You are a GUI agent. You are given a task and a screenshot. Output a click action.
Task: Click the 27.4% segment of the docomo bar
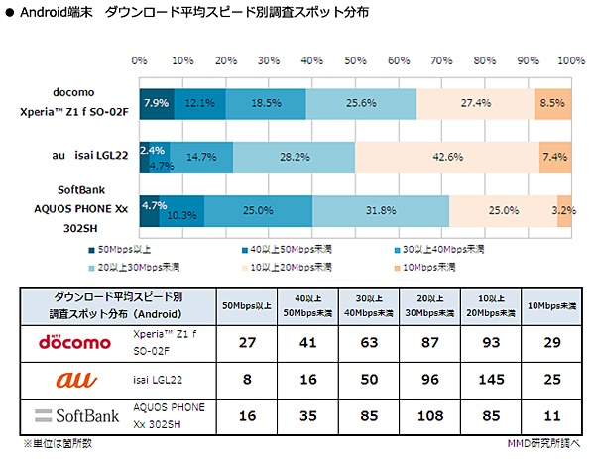point(477,103)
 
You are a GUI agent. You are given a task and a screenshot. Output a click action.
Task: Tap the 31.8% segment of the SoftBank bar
point(381,211)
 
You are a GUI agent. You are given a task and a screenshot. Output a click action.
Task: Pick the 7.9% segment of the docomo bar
point(156,103)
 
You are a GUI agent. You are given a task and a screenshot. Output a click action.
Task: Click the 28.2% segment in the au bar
point(294,157)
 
